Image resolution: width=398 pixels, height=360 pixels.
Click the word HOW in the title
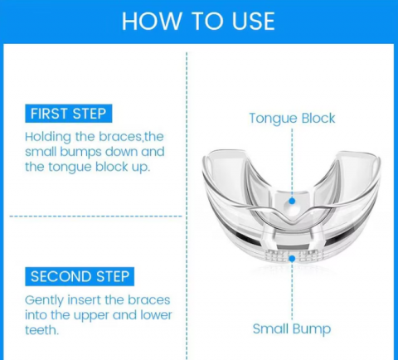[x=152, y=22]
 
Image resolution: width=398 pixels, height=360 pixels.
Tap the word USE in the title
[x=253, y=22]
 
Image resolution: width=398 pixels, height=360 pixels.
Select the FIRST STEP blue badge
[x=69, y=114]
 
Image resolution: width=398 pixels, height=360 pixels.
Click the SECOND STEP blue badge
[x=80, y=276]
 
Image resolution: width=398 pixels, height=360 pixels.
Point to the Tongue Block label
[x=292, y=119]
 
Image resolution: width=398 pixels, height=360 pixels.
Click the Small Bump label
[x=292, y=328]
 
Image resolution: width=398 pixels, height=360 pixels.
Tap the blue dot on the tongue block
[x=292, y=201]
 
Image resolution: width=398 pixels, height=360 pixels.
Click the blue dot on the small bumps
[x=292, y=259]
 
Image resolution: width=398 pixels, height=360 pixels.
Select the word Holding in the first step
[x=48, y=137]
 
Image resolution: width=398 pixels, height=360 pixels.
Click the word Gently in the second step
[x=44, y=301]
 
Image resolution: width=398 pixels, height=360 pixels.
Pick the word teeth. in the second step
[x=42, y=330]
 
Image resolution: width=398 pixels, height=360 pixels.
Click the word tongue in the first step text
[x=70, y=168]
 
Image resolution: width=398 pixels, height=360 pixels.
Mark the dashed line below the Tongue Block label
[x=292, y=163]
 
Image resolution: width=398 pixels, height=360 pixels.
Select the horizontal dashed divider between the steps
[x=95, y=216]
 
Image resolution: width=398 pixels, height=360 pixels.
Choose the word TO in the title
[x=206, y=22]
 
